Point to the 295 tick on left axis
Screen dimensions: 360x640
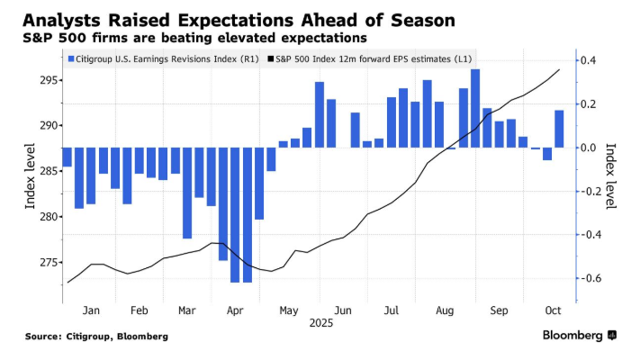(49, 80)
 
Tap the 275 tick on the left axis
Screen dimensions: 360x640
(49, 262)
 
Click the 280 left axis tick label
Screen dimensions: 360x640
(49, 217)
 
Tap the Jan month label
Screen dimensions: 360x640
(91, 310)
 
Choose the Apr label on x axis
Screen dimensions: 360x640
(235, 310)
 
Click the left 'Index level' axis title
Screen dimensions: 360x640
(30, 176)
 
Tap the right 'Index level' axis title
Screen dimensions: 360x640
(611, 176)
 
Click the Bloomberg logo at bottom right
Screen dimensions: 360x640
(578, 336)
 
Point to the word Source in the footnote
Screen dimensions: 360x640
(43, 337)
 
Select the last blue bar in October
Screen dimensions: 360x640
(559, 129)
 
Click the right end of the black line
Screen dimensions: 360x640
(560, 69)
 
